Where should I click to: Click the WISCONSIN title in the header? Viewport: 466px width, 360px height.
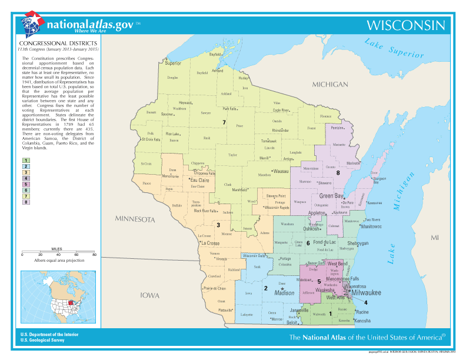[x=405, y=25]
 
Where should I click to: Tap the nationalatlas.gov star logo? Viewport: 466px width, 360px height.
[x=33, y=25]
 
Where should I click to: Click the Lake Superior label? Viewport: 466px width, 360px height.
[x=394, y=48]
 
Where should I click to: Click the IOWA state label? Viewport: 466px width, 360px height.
[x=149, y=296]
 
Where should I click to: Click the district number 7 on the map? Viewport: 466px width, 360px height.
[x=224, y=122]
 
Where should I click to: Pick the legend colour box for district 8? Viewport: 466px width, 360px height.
[x=26, y=202]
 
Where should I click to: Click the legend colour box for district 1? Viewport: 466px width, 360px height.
[x=26, y=161]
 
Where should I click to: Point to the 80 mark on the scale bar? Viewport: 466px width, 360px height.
[x=94, y=255]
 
